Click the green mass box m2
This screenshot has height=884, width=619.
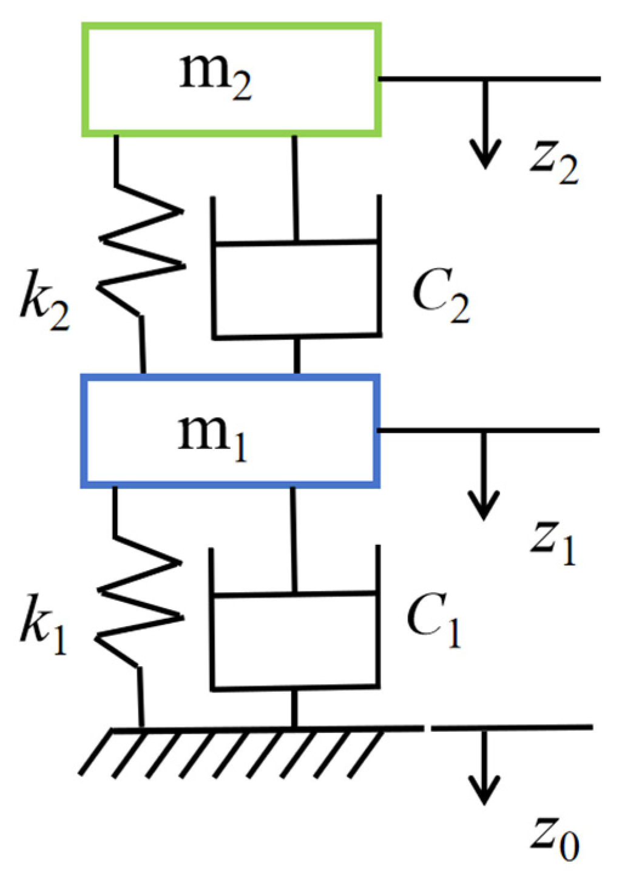pyautogui.click(x=231, y=79)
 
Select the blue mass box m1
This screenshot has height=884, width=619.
pyautogui.click(x=230, y=431)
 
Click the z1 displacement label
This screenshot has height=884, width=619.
pyautogui.click(x=552, y=542)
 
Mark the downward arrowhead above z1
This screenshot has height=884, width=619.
pyautogui.click(x=484, y=507)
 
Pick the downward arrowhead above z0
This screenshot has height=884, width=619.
pyautogui.click(x=484, y=792)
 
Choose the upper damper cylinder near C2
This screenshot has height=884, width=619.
pyautogui.click(x=297, y=288)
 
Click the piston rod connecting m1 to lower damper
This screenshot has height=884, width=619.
pyautogui.click(x=294, y=540)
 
